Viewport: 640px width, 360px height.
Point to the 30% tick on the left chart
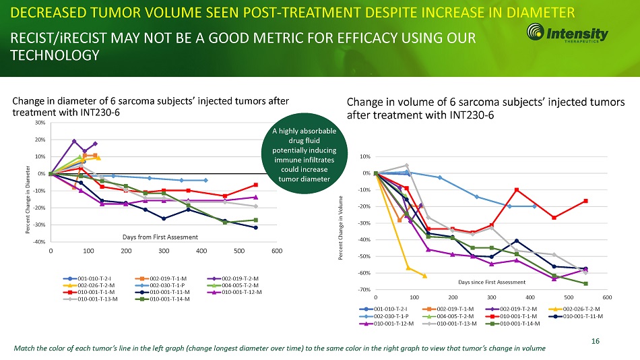[x=40, y=123]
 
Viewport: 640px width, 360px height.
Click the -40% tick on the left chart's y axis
[x=38, y=242]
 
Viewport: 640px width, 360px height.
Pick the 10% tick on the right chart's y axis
[x=364, y=157]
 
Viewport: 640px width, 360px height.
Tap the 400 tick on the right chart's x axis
[x=530, y=297]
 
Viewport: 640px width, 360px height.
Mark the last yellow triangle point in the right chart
[x=424, y=276]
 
